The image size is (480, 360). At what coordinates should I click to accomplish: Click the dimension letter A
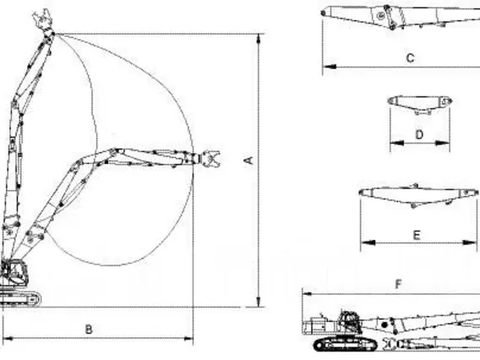click(x=249, y=161)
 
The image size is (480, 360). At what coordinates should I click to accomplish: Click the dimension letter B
click(x=89, y=330)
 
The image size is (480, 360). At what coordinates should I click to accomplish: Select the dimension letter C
click(x=410, y=57)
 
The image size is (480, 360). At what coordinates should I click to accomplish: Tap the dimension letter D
click(x=419, y=134)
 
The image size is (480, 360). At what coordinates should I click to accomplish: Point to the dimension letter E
click(x=417, y=235)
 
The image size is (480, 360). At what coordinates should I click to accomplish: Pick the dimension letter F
click(x=398, y=285)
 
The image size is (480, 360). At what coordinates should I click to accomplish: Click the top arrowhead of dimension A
click(x=259, y=40)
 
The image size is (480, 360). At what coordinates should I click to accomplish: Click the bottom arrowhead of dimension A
click(x=259, y=301)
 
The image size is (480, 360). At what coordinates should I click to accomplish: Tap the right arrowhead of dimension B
click(x=188, y=339)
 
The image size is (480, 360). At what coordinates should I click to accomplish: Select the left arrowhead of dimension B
click(x=8, y=339)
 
